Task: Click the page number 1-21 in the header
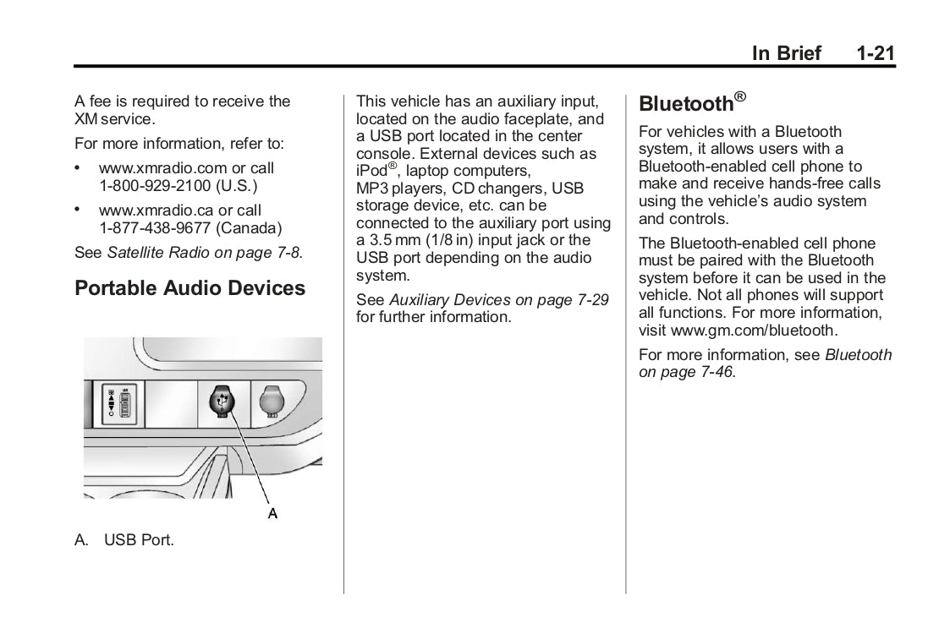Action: [x=875, y=53]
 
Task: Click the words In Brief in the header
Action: [x=787, y=53]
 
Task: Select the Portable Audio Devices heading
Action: [x=189, y=288]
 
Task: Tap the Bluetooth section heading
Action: [x=685, y=104]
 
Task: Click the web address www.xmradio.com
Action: [x=157, y=168]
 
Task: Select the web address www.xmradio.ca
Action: [x=151, y=210]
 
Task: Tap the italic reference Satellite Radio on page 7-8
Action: [x=204, y=251]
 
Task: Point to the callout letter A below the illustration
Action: [x=272, y=512]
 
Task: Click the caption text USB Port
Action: [x=139, y=538]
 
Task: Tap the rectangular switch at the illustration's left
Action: [x=118, y=405]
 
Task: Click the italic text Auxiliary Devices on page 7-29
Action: [x=498, y=300]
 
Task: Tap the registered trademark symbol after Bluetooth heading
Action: [x=740, y=96]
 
